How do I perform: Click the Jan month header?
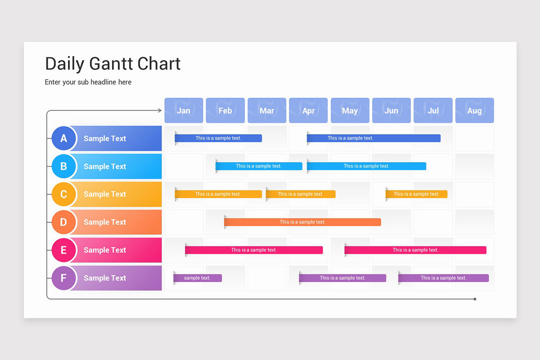(184, 110)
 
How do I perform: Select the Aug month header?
(474, 110)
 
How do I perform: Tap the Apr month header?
(308, 110)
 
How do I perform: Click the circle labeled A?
(63, 138)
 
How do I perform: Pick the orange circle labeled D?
(63, 222)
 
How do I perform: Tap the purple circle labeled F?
(63, 278)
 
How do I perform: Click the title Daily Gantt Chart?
(112, 64)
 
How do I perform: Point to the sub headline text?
(88, 82)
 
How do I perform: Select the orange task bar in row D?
(302, 222)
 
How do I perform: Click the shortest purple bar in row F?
(198, 278)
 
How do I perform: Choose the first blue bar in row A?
(218, 138)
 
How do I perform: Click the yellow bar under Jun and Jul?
(416, 194)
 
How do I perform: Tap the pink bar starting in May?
(415, 250)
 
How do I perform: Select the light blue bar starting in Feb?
(259, 166)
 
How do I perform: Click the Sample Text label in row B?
(105, 166)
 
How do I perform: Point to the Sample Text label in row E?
(105, 250)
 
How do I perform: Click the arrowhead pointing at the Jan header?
(159, 110)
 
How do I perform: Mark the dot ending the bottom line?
(475, 299)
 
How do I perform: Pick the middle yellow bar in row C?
(301, 194)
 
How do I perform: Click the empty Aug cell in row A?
(474, 138)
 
